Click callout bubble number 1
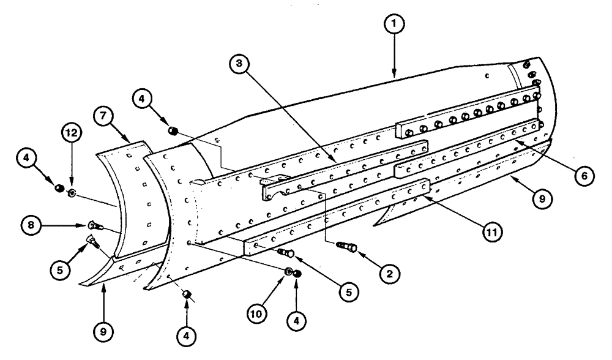point(395,25)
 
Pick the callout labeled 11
point(488,231)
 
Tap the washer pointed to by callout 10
point(288,271)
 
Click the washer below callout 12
point(72,193)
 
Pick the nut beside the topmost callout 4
point(173,130)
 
